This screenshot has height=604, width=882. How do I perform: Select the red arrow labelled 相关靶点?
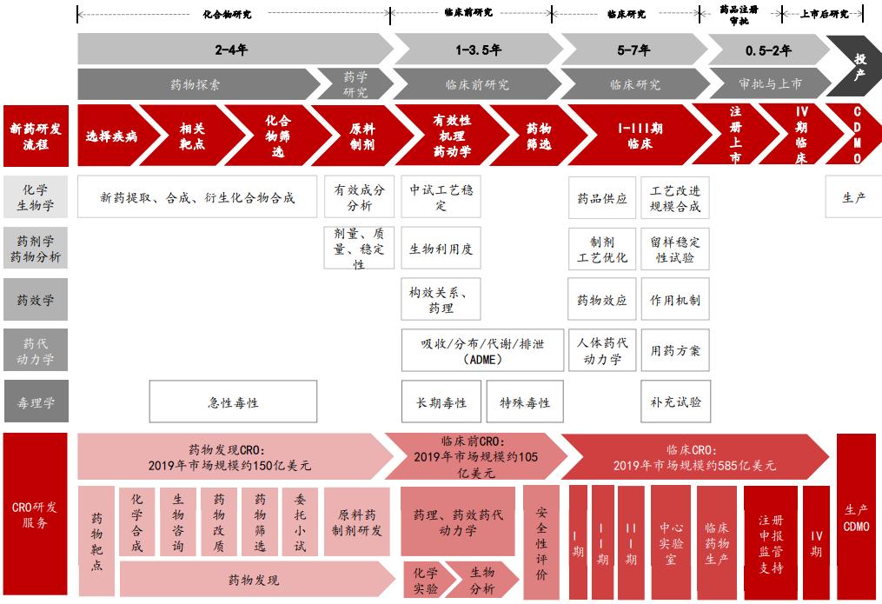pyautogui.click(x=192, y=136)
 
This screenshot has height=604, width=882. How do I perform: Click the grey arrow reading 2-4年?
pyautogui.click(x=232, y=50)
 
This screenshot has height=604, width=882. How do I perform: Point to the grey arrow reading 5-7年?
pyautogui.click(x=633, y=50)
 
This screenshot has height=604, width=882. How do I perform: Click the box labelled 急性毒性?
pyautogui.click(x=233, y=402)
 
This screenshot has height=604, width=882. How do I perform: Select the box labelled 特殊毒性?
pyautogui.click(x=525, y=402)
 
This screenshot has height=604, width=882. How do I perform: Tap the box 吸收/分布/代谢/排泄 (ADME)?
pyautogui.click(x=481, y=351)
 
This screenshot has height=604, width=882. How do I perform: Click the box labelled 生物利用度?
pyautogui.click(x=441, y=249)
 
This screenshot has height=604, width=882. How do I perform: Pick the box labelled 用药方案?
pyautogui.click(x=675, y=351)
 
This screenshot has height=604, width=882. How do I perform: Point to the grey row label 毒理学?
pyautogui.click(x=36, y=402)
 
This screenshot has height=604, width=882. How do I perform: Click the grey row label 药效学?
pyautogui.click(x=36, y=300)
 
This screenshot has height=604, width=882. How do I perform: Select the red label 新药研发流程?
pyautogui.click(x=36, y=136)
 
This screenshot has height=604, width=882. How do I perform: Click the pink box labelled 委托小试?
pyautogui.click(x=300, y=521)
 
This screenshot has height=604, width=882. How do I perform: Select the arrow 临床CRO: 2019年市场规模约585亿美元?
pyautogui.click(x=695, y=457)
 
